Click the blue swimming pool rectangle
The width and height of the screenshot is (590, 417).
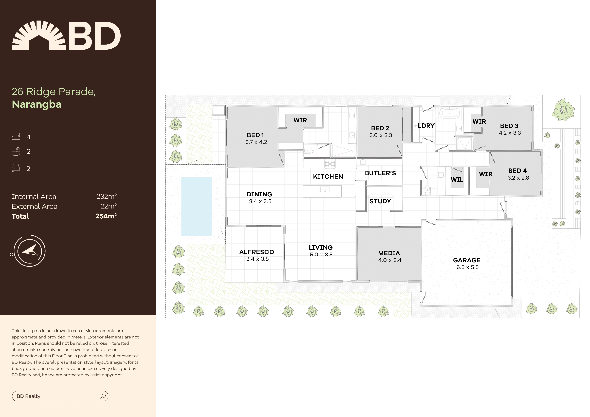pos(197,206)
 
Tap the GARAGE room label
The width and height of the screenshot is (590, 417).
pos(467,260)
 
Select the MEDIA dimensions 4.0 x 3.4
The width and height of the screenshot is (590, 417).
pos(390,260)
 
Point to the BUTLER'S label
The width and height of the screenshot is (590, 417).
pos(380,173)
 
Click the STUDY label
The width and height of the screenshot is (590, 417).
pos(380,201)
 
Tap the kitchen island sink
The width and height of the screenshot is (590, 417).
pos(325,190)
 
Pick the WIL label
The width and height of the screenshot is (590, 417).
pos(457,180)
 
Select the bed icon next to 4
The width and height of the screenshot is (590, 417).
pos(16,137)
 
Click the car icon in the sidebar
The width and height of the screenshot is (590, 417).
pos(16,168)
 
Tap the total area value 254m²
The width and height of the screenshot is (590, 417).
pos(106,216)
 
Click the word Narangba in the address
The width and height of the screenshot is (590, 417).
pos(36,104)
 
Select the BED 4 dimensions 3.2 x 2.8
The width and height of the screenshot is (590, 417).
pos(518,178)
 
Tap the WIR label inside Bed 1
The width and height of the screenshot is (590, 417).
pos(300,120)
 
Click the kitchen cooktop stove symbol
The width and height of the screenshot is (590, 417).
pos(330,164)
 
